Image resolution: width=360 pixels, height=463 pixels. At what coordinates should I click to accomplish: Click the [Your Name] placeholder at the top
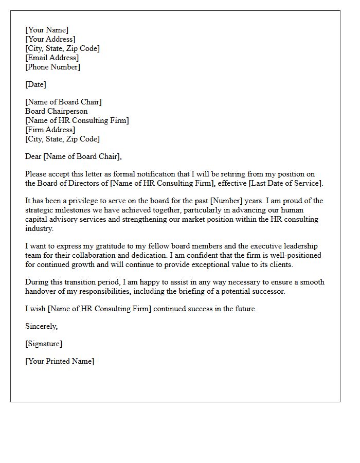click(47, 30)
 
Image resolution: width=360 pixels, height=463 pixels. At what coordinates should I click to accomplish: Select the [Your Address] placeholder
click(50, 39)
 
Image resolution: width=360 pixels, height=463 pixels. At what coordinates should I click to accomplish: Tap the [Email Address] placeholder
click(52, 58)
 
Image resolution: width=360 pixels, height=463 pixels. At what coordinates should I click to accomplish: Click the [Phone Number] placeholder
click(52, 67)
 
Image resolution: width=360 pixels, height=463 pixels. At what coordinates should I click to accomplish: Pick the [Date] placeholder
click(35, 84)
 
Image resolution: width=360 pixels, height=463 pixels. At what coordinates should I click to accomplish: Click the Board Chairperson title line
click(57, 111)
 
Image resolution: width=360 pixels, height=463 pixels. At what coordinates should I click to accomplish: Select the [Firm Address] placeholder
click(50, 130)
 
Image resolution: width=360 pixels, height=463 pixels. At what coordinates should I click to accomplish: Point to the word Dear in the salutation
click(33, 156)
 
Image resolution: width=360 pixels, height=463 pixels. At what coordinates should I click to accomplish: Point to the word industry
click(39, 228)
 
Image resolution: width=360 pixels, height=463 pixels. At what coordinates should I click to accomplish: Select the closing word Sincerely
click(42, 326)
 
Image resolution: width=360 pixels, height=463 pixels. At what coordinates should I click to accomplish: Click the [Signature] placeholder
click(44, 344)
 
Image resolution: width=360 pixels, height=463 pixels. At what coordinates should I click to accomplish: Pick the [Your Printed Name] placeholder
click(60, 361)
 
